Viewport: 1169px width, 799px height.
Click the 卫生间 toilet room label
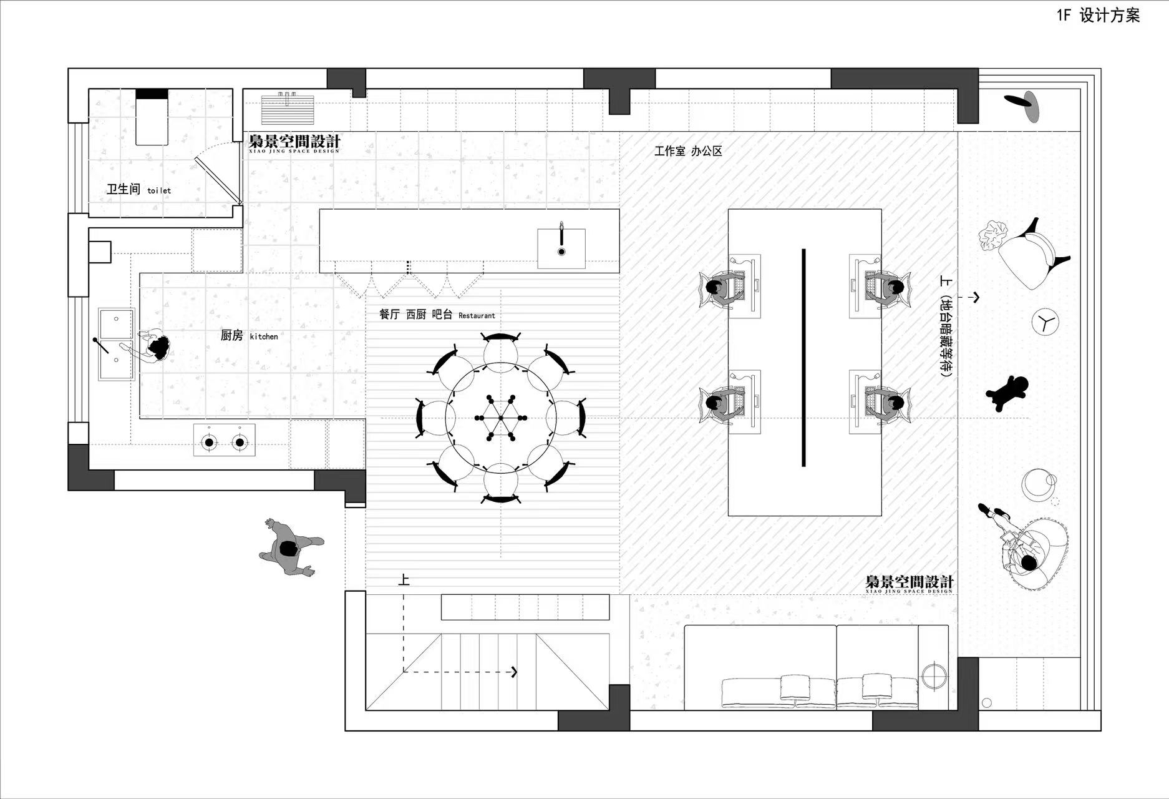[x=138, y=189]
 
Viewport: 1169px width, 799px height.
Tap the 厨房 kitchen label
[x=249, y=336]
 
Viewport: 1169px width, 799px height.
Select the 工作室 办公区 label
[x=688, y=151]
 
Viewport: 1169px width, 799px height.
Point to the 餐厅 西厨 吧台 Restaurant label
[x=437, y=315]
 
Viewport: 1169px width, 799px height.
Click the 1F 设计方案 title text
[x=1098, y=16]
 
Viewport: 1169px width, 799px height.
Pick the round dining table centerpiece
[x=501, y=418]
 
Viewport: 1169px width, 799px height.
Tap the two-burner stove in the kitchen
[x=225, y=440]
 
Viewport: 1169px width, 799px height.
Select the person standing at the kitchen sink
[x=150, y=347]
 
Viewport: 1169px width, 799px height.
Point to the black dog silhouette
[x=1007, y=392]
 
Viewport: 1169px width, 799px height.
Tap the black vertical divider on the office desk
[x=803, y=358]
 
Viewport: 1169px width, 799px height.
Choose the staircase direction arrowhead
[x=515, y=672]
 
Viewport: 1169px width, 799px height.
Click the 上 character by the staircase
[x=404, y=580]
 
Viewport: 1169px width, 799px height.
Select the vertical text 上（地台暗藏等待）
[x=946, y=326]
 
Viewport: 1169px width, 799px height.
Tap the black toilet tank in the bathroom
[x=152, y=94]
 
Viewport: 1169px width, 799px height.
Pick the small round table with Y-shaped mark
[x=1045, y=322]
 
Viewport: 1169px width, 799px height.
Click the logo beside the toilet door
[x=294, y=143]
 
